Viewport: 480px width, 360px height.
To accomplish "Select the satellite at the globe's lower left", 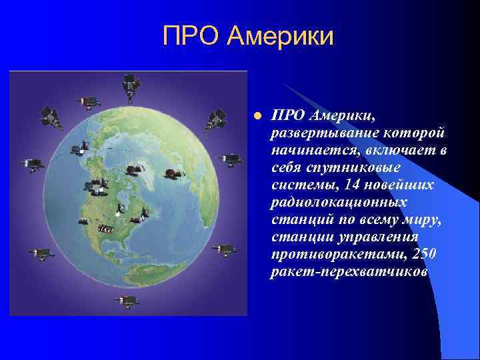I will tap(41, 253).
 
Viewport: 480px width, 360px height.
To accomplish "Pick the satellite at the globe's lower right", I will tap(223, 249).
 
